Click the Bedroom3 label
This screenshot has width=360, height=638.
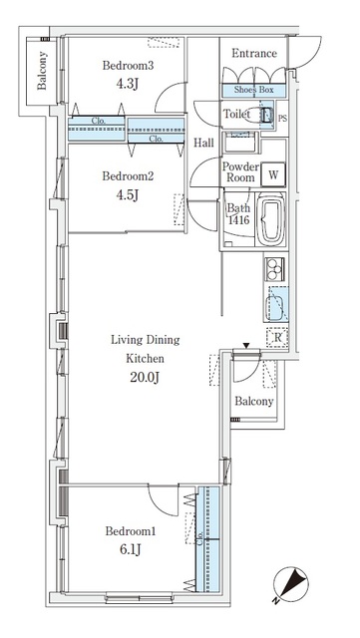point(127,66)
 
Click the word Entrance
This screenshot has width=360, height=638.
point(253,53)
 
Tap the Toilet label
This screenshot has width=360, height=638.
point(237,116)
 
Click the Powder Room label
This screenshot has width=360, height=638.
point(240,172)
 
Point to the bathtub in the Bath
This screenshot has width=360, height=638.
point(270,223)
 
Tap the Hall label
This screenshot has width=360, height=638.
point(204,142)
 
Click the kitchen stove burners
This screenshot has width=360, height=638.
point(274,269)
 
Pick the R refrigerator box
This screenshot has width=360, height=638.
point(276,337)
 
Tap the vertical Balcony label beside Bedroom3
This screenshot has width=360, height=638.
point(43,72)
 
